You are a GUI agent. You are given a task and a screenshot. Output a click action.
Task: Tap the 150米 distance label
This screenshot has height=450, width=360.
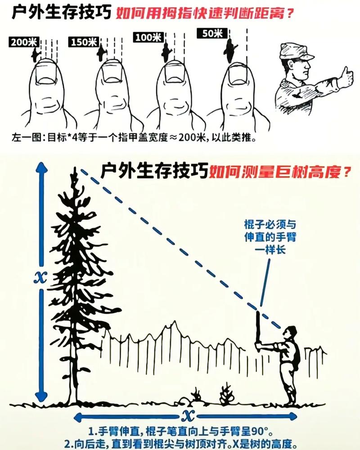84,42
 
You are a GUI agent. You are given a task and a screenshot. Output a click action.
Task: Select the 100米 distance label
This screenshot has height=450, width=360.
147,37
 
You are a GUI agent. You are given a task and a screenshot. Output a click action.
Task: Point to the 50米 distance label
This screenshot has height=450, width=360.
211,33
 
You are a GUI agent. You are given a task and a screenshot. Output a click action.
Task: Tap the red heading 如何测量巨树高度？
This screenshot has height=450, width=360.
279,171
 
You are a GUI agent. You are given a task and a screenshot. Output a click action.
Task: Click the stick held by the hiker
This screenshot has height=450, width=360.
259,328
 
